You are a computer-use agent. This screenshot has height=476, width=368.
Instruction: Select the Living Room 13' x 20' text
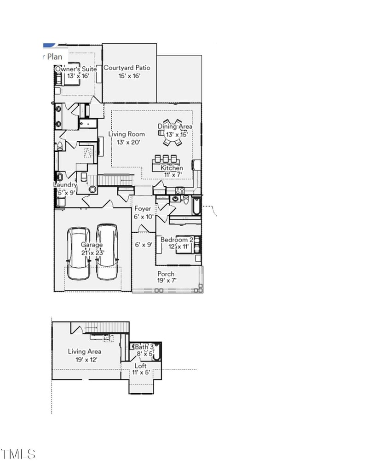[x=126, y=138]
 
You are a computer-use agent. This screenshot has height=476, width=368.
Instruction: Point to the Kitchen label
[x=172, y=168]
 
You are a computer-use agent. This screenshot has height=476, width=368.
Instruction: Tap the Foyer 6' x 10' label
[x=143, y=212]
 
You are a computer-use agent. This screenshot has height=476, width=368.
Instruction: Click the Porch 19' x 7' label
[x=166, y=277]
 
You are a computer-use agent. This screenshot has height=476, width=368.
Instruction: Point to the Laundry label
[x=65, y=185]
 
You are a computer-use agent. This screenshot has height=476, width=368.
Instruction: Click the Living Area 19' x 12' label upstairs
[x=85, y=356]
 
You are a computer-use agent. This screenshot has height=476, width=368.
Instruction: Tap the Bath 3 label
[x=144, y=347]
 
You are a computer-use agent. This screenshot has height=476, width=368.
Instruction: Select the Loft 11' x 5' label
[x=141, y=369]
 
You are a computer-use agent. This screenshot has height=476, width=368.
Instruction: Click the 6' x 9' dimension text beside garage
[x=144, y=245]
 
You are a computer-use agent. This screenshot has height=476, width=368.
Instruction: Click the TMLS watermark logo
[x=18, y=454]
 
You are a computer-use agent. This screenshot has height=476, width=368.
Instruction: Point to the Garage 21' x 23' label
[x=92, y=248]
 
